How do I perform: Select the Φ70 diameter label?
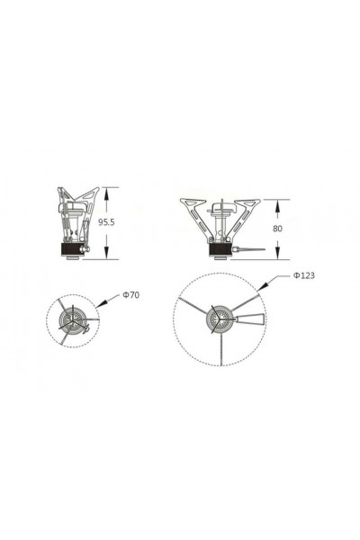(130, 294)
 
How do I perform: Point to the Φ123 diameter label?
(303, 275)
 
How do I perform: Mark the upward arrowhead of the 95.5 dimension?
(107, 191)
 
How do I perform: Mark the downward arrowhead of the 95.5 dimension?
(107, 255)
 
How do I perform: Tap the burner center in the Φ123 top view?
(220, 319)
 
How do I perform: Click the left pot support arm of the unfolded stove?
(193, 211)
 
